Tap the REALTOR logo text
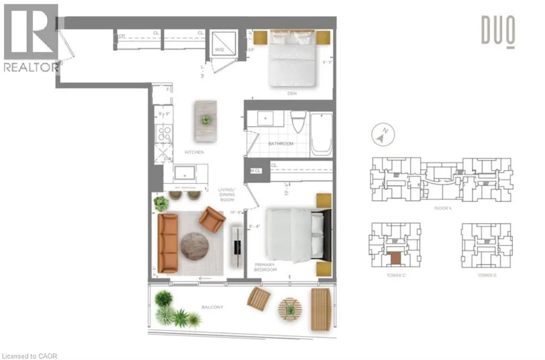(31, 67)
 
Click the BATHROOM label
(280, 144)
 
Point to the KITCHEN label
(194, 152)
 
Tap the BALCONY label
(213, 307)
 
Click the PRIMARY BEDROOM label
(266, 267)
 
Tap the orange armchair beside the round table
(212, 219)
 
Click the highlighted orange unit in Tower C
(395, 258)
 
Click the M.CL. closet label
(255, 170)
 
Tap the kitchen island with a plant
(205, 120)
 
